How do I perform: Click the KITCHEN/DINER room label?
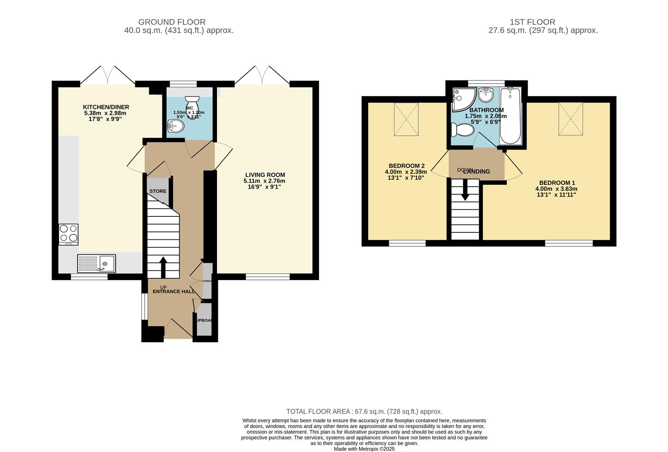tap(106, 107)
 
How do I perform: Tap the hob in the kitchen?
tap(69, 234)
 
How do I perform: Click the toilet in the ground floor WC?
tap(192, 101)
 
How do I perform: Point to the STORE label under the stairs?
tap(158, 191)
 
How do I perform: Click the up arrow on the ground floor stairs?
tap(163, 267)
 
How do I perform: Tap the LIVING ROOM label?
tap(265, 175)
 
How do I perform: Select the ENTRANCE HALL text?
tap(173, 292)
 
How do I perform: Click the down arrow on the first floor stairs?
tap(465, 192)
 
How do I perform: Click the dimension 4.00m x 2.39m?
tap(405, 172)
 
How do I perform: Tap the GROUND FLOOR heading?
tap(172, 22)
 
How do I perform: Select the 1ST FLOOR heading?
tap(532, 22)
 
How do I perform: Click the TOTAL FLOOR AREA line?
tap(364, 411)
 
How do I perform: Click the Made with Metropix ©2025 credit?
tap(364, 449)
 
